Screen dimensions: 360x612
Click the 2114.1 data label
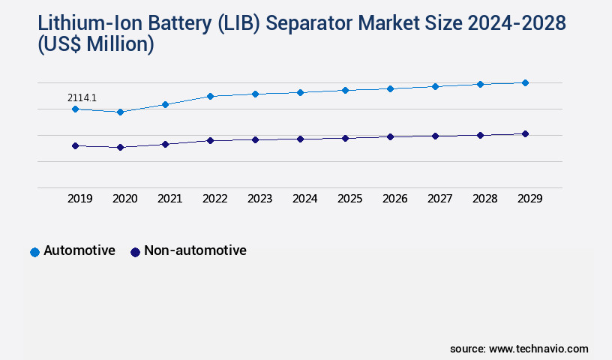(82, 97)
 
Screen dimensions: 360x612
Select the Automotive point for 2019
(75, 109)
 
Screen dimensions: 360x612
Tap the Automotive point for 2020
(120, 112)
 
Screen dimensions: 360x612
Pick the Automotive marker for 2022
(210, 96)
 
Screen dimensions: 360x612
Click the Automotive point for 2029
(525, 82)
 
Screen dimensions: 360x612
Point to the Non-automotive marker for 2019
(75, 145)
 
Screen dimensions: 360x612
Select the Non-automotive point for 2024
(300, 139)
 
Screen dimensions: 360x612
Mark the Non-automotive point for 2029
(525, 133)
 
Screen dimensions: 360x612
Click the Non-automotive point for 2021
(165, 144)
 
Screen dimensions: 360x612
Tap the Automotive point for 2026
(390, 88)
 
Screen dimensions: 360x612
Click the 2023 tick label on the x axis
(259, 199)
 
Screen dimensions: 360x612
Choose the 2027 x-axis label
(439, 199)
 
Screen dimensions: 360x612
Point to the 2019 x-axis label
(79, 199)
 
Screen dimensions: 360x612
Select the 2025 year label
(349, 199)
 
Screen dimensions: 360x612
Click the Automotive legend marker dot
(34, 252)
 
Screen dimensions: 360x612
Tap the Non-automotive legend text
(195, 251)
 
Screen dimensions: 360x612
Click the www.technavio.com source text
(538, 349)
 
